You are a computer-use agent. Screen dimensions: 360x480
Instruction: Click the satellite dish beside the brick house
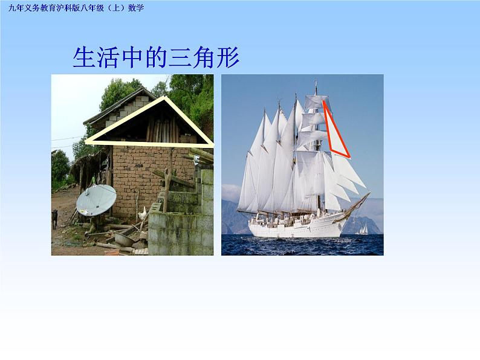[x=96, y=200]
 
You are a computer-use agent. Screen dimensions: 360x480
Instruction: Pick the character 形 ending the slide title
[x=228, y=57]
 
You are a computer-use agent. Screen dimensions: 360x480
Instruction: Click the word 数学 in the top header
[x=137, y=7]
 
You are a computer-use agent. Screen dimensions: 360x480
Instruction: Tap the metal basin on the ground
[x=124, y=240]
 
